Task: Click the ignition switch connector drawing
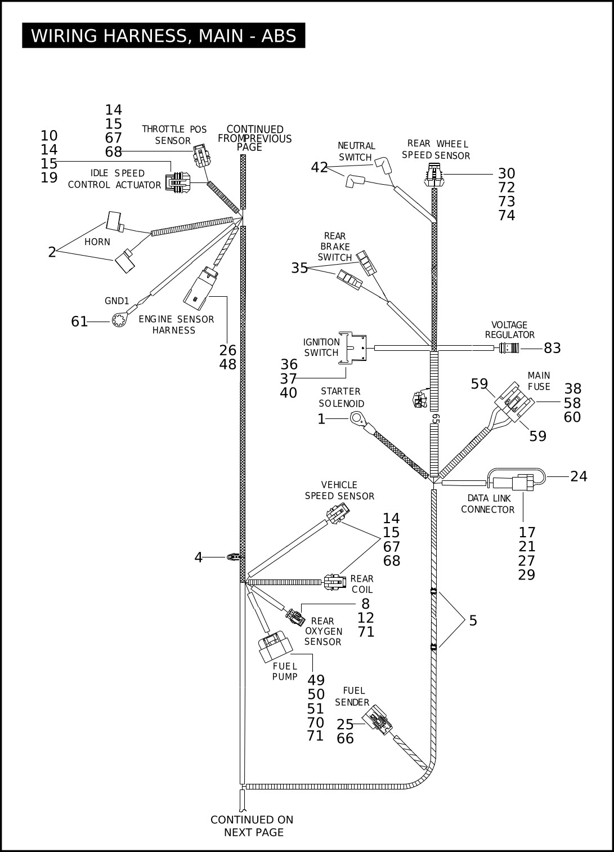(352, 347)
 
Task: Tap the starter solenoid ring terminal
(357, 419)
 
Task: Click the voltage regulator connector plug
(509, 347)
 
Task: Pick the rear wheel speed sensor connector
(433, 175)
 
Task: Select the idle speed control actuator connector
(177, 182)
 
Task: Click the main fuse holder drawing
(514, 402)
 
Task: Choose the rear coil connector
(335, 582)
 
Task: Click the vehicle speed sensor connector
(338, 513)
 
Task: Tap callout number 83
(552, 348)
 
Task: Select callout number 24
(579, 476)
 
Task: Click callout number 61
(79, 322)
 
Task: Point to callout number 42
(319, 167)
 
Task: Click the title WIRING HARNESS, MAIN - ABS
(163, 35)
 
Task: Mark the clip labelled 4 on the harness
(232, 557)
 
